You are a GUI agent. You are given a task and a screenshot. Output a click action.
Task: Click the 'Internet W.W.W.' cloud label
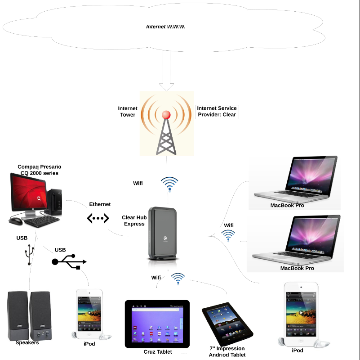(x=166, y=27)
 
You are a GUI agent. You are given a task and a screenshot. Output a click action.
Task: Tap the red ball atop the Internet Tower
(x=166, y=115)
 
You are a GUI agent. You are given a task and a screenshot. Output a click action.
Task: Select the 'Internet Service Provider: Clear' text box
(x=217, y=112)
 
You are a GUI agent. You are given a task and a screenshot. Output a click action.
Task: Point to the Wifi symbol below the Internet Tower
(x=169, y=183)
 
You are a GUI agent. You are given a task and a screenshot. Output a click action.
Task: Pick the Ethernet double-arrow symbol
(x=98, y=219)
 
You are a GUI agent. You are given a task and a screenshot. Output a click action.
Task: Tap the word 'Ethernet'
(x=100, y=204)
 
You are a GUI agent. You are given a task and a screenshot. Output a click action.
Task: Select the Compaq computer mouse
(x=16, y=221)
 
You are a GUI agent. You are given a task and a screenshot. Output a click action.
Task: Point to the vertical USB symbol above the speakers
(x=30, y=256)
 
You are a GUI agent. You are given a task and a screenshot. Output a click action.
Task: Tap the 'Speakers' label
(x=27, y=343)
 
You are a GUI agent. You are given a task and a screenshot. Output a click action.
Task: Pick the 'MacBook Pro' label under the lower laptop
(x=297, y=268)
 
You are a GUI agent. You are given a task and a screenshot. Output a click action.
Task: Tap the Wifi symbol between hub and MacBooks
(x=228, y=235)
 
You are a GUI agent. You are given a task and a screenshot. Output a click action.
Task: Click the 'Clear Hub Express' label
(x=134, y=220)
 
